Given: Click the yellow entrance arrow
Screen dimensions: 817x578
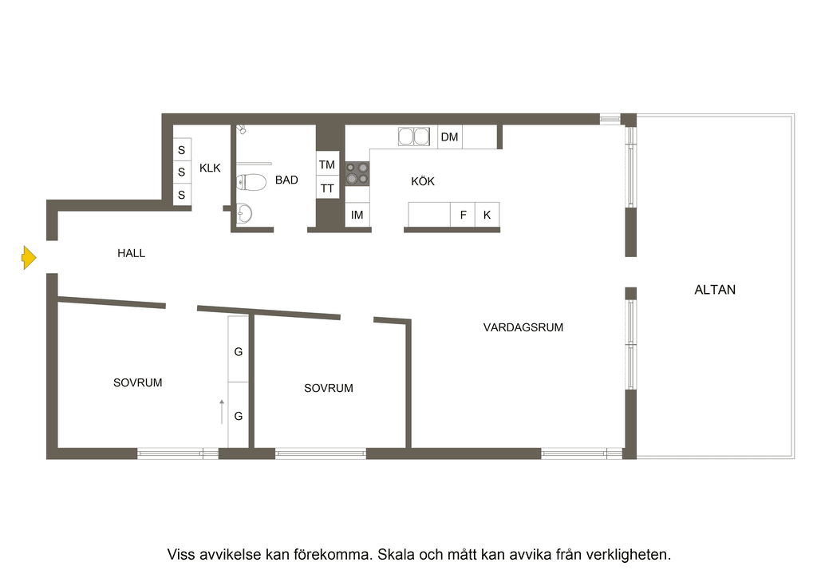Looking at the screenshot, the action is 30,258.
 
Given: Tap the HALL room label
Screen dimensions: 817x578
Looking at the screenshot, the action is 132,253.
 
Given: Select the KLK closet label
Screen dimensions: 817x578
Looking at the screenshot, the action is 210,168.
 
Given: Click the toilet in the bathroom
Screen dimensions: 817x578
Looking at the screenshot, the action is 251,182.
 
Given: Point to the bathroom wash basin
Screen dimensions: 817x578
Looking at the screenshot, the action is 244,213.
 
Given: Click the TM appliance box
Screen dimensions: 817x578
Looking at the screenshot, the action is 327,164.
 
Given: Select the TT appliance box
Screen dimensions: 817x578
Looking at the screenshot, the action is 327,187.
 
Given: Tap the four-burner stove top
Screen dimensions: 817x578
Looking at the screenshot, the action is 357,173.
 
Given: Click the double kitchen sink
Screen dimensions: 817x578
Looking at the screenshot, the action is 414,137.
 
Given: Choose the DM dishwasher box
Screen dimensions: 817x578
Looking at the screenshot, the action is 450,137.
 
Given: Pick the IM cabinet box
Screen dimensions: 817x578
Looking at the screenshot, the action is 357,214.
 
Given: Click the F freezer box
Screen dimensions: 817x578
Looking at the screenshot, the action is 463,214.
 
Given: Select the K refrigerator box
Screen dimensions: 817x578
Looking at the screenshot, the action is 487,214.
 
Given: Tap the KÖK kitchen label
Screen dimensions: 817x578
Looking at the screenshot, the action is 423,181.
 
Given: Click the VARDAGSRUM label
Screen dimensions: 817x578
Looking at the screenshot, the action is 523,327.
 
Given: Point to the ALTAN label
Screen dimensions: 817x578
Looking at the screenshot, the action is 715,290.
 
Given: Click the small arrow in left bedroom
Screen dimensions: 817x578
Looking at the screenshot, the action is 222,412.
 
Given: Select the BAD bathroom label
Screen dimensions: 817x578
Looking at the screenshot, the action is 286,180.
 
